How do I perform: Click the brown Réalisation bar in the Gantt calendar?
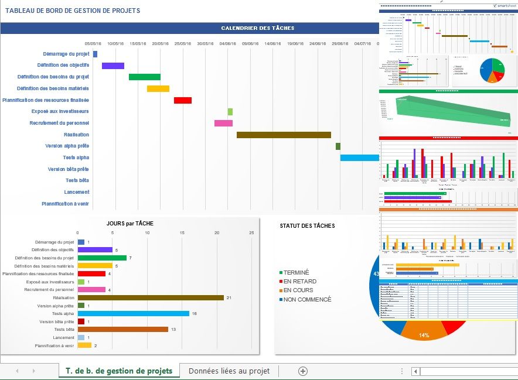pyautogui.click(x=284, y=135)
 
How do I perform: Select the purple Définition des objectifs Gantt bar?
pyautogui.click(x=113, y=66)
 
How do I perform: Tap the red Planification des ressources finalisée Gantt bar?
pyautogui.click(x=183, y=100)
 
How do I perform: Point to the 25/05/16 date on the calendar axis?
pyautogui.click(x=182, y=43)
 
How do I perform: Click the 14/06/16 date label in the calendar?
pyautogui.click(x=273, y=43)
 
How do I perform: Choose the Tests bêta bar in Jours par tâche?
pyautogui.click(x=123, y=329)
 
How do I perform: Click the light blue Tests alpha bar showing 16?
pyautogui.click(x=134, y=313)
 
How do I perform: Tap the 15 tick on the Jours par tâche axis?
pyautogui.click(x=182, y=233)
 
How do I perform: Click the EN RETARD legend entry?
pyautogui.click(x=299, y=282)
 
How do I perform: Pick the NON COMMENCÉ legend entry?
pyautogui.click(x=307, y=299)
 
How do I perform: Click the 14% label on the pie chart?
pyautogui.click(x=424, y=336)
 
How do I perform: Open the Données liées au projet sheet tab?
pyautogui.click(x=229, y=371)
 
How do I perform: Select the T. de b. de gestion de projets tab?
pyautogui.click(x=119, y=371)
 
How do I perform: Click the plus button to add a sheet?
pyautogui.click(x=303, y=371)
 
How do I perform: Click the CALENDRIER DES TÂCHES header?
pyautogui.click(x=258, y=28)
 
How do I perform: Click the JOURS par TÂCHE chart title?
pyautogui.click(x=130, y=223)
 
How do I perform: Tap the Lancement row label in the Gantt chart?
pyautogui.click(x=77, y=192)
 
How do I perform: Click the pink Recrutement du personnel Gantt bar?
pyautogui.click(x=223, y=123)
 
